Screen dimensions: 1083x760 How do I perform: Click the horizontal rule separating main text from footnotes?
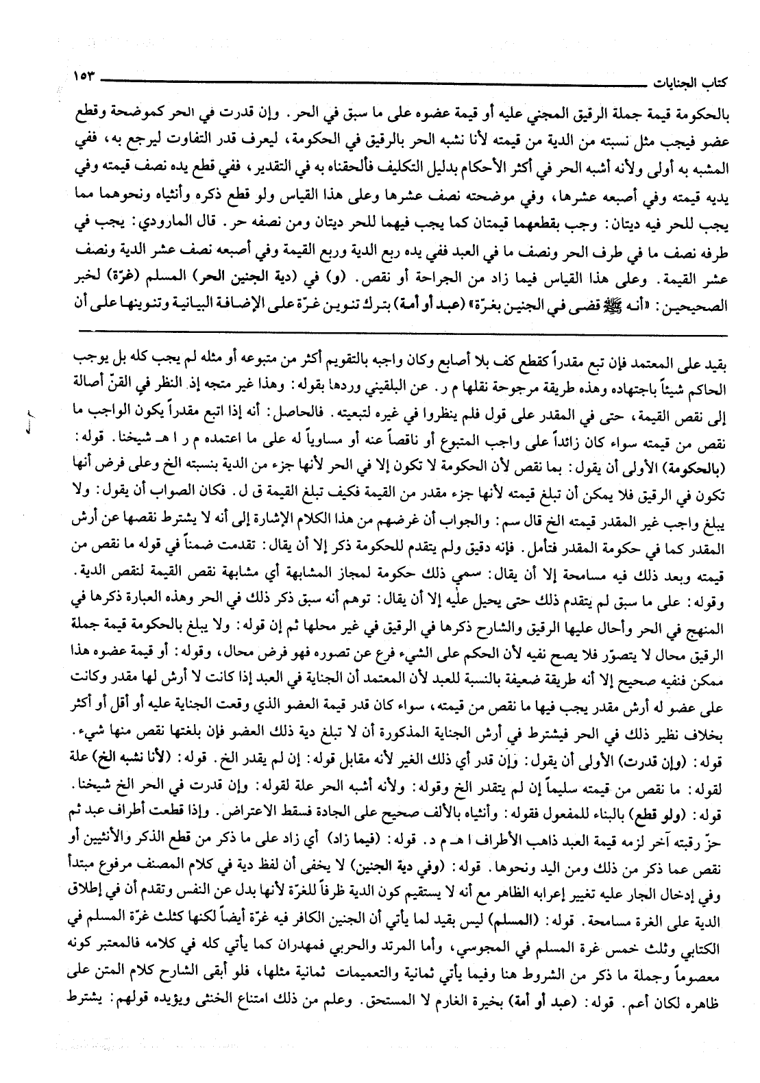[x=384, y=332]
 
